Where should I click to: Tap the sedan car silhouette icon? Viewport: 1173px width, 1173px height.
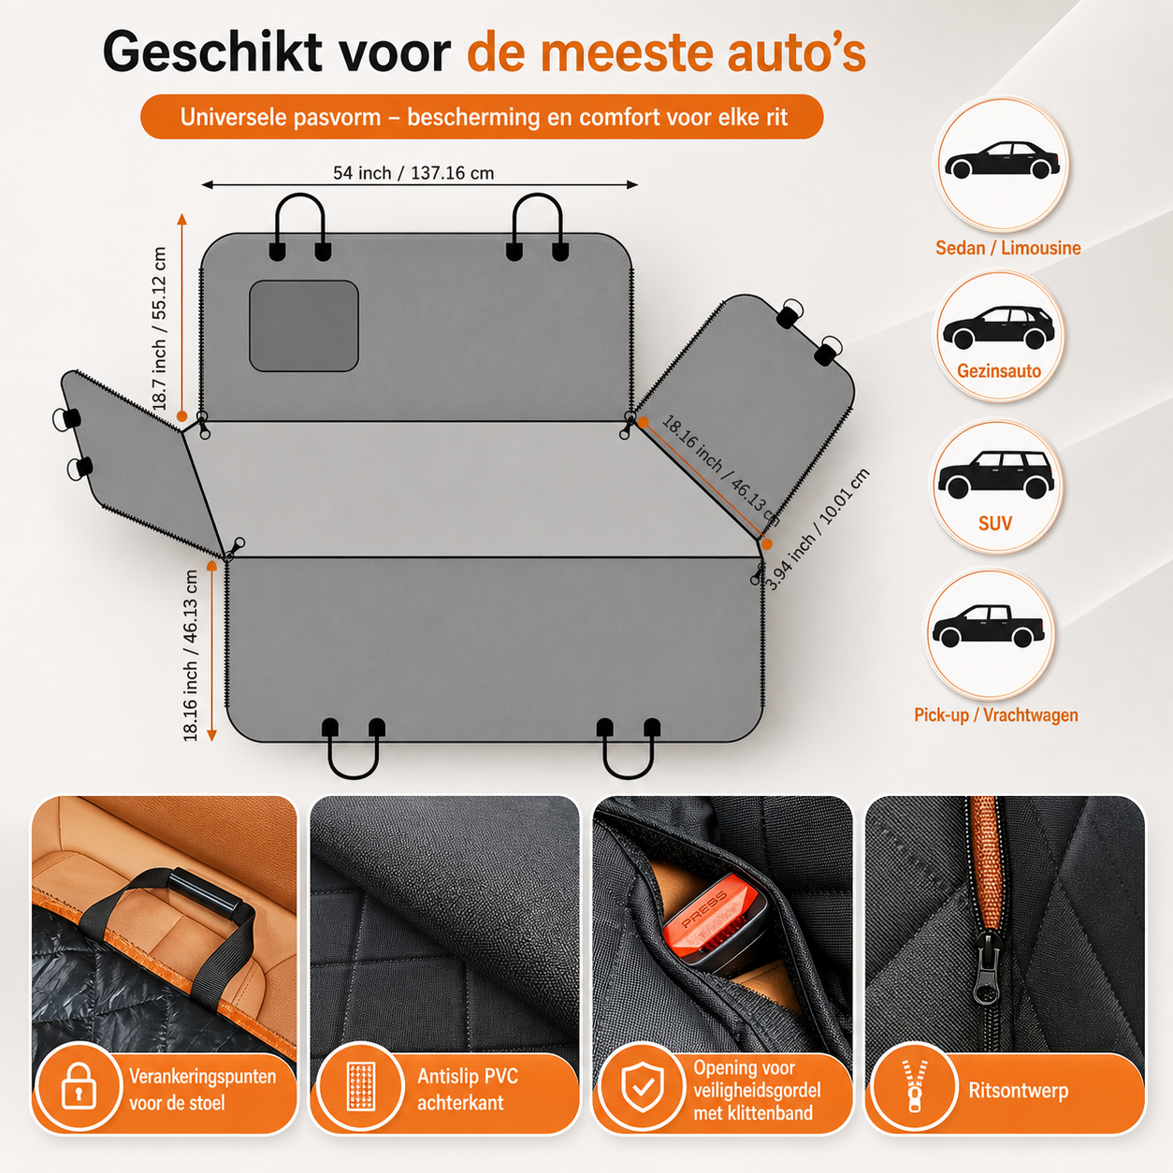(x=1002, y=161)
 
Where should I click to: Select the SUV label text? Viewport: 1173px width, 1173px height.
(x=994, y=523)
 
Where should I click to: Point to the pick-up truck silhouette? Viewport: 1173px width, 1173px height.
(x=989, y=626)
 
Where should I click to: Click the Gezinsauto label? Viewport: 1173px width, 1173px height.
(x=999, y=370)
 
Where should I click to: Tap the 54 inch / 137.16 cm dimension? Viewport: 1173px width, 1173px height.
(x=413, y=173)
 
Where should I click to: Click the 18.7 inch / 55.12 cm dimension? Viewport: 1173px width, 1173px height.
(x=158, y=328)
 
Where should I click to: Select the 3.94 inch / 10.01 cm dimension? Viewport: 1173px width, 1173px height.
(x=817, y=529)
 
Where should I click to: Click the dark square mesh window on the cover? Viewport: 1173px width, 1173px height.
(x=304, y=326)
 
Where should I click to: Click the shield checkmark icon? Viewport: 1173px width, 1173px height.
(x=643, y=1087)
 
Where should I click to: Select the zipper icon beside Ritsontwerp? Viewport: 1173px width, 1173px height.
(x=914, y=1087)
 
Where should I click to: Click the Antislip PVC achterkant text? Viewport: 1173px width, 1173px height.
(x=468, y=1089)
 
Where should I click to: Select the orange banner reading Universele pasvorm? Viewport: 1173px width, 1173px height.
(x=482, y=116)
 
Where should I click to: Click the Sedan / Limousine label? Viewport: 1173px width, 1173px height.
(x=1008, y=248)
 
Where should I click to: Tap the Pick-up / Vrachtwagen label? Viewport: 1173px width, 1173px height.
(x=996, y=715)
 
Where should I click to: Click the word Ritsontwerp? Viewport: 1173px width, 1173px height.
(x=1018, y=1090)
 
